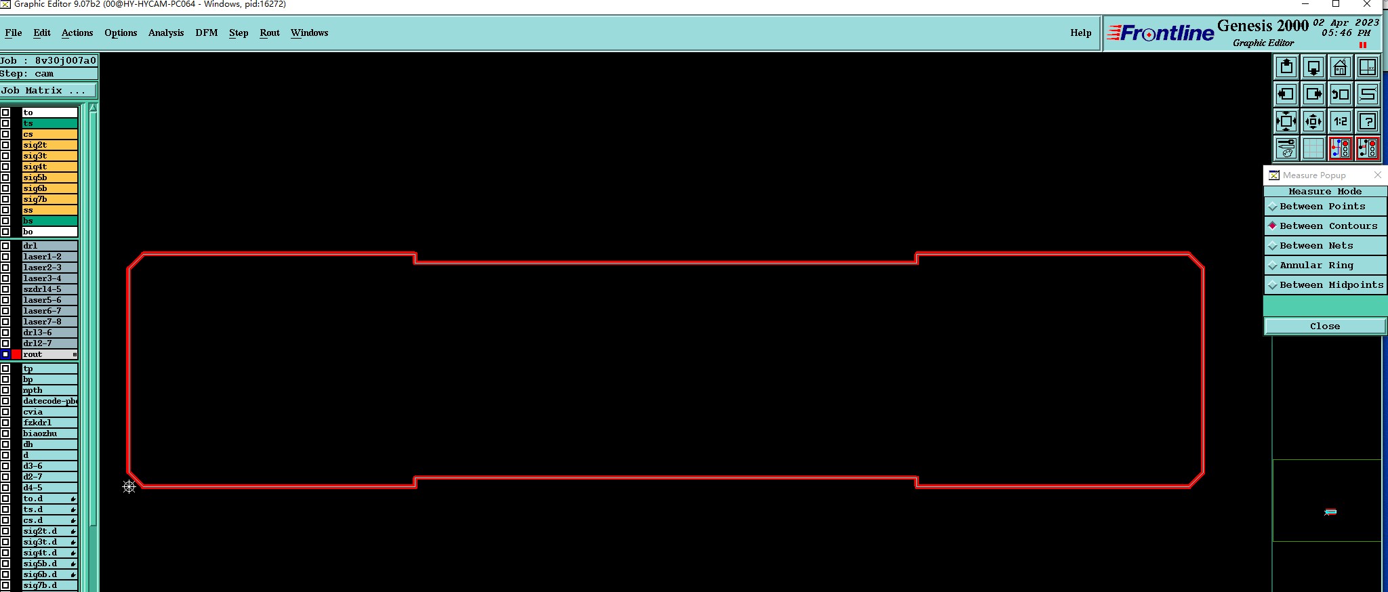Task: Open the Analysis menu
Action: click(165, 33)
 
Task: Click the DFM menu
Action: click(206, 33)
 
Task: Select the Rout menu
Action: click(269, 33)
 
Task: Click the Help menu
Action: click(1080, 33)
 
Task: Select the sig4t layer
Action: click(49, 167)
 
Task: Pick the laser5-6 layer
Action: click(49, 300)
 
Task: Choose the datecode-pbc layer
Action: click(49, 401)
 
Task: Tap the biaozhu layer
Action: click(49, 434)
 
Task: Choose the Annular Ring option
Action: click(1316, 266)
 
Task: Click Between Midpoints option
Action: click(1331, 285)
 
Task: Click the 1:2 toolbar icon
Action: click(1340, 122)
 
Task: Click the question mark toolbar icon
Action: click(1367, 122)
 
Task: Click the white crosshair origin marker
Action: click(129, 487)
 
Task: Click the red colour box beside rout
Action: click(16, 354)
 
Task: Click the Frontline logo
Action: click(1160, 33)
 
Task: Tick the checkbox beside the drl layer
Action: click(5, 246)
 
